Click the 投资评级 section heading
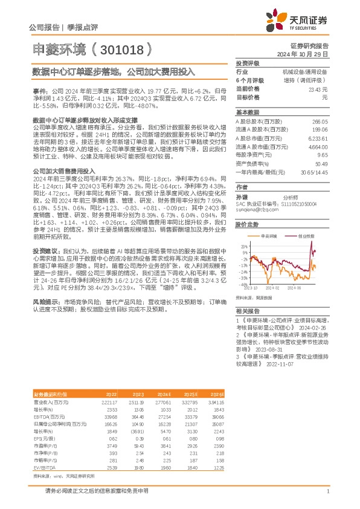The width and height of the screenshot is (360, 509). pyautogui.click(x=248, y=63)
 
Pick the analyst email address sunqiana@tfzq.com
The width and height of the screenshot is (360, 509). pyautogui.click(x=253, y=212)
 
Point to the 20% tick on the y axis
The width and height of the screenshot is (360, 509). pyautogui.click(x=244, y=247)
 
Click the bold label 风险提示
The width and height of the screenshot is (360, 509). pyautogui.click(x=46, y=317)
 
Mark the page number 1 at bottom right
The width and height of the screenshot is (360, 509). pyautogui.click(x=327, y=492)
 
